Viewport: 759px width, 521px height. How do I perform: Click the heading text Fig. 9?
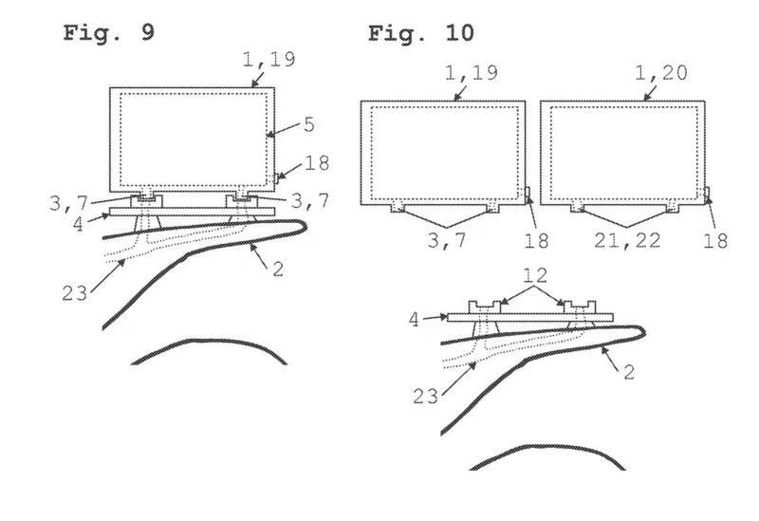[x=109, y=32]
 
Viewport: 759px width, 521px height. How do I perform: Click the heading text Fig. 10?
[x=421, y=33]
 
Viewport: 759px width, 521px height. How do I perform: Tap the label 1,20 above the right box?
[x=660, y=73]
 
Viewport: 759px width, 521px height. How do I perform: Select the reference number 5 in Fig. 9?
[x=309, y=124]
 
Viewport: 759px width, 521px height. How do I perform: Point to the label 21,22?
[x=627, y=240]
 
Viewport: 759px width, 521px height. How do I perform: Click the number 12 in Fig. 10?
[x=535, y=275]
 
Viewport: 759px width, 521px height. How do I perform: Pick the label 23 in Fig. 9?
[x=75, y=293]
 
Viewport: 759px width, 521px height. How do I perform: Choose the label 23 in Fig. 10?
[x=425, y=397]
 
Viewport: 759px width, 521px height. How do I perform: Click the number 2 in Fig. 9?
[x=278, y=270]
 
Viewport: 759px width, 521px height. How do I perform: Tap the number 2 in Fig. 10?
[x=629, y=372]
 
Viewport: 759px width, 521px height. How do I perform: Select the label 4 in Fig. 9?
[x=78, y=225]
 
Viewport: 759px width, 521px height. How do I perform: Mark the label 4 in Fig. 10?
[x=414, y=320]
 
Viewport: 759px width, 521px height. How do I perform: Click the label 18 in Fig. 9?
[x=317, y=163]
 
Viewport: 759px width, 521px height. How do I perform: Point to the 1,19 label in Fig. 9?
[x=268, y=59]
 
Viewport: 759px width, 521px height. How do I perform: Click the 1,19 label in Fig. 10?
[x=471, y=73]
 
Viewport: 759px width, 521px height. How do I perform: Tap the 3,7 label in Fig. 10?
[x=447, y=240]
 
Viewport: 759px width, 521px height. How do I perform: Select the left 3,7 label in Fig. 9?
[x=68, y=203]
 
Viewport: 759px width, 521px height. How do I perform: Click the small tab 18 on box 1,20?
[x=707, y=193]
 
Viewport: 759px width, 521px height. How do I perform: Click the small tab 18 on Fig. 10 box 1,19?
[x=528, y=193]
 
